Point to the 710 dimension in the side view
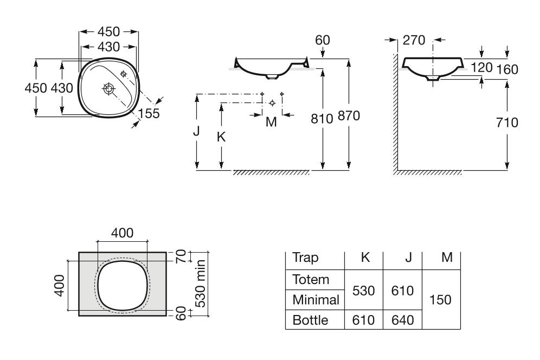[507, 123]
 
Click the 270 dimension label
[415, 40]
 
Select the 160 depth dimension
[507, 69]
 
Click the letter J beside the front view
[197, 131]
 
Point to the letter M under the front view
[271, 122]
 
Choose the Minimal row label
[316, 299]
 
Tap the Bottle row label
[310, 320]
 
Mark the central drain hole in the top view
[108, 89]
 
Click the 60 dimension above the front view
[322, 40]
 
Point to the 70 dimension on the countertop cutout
[183, 255]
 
